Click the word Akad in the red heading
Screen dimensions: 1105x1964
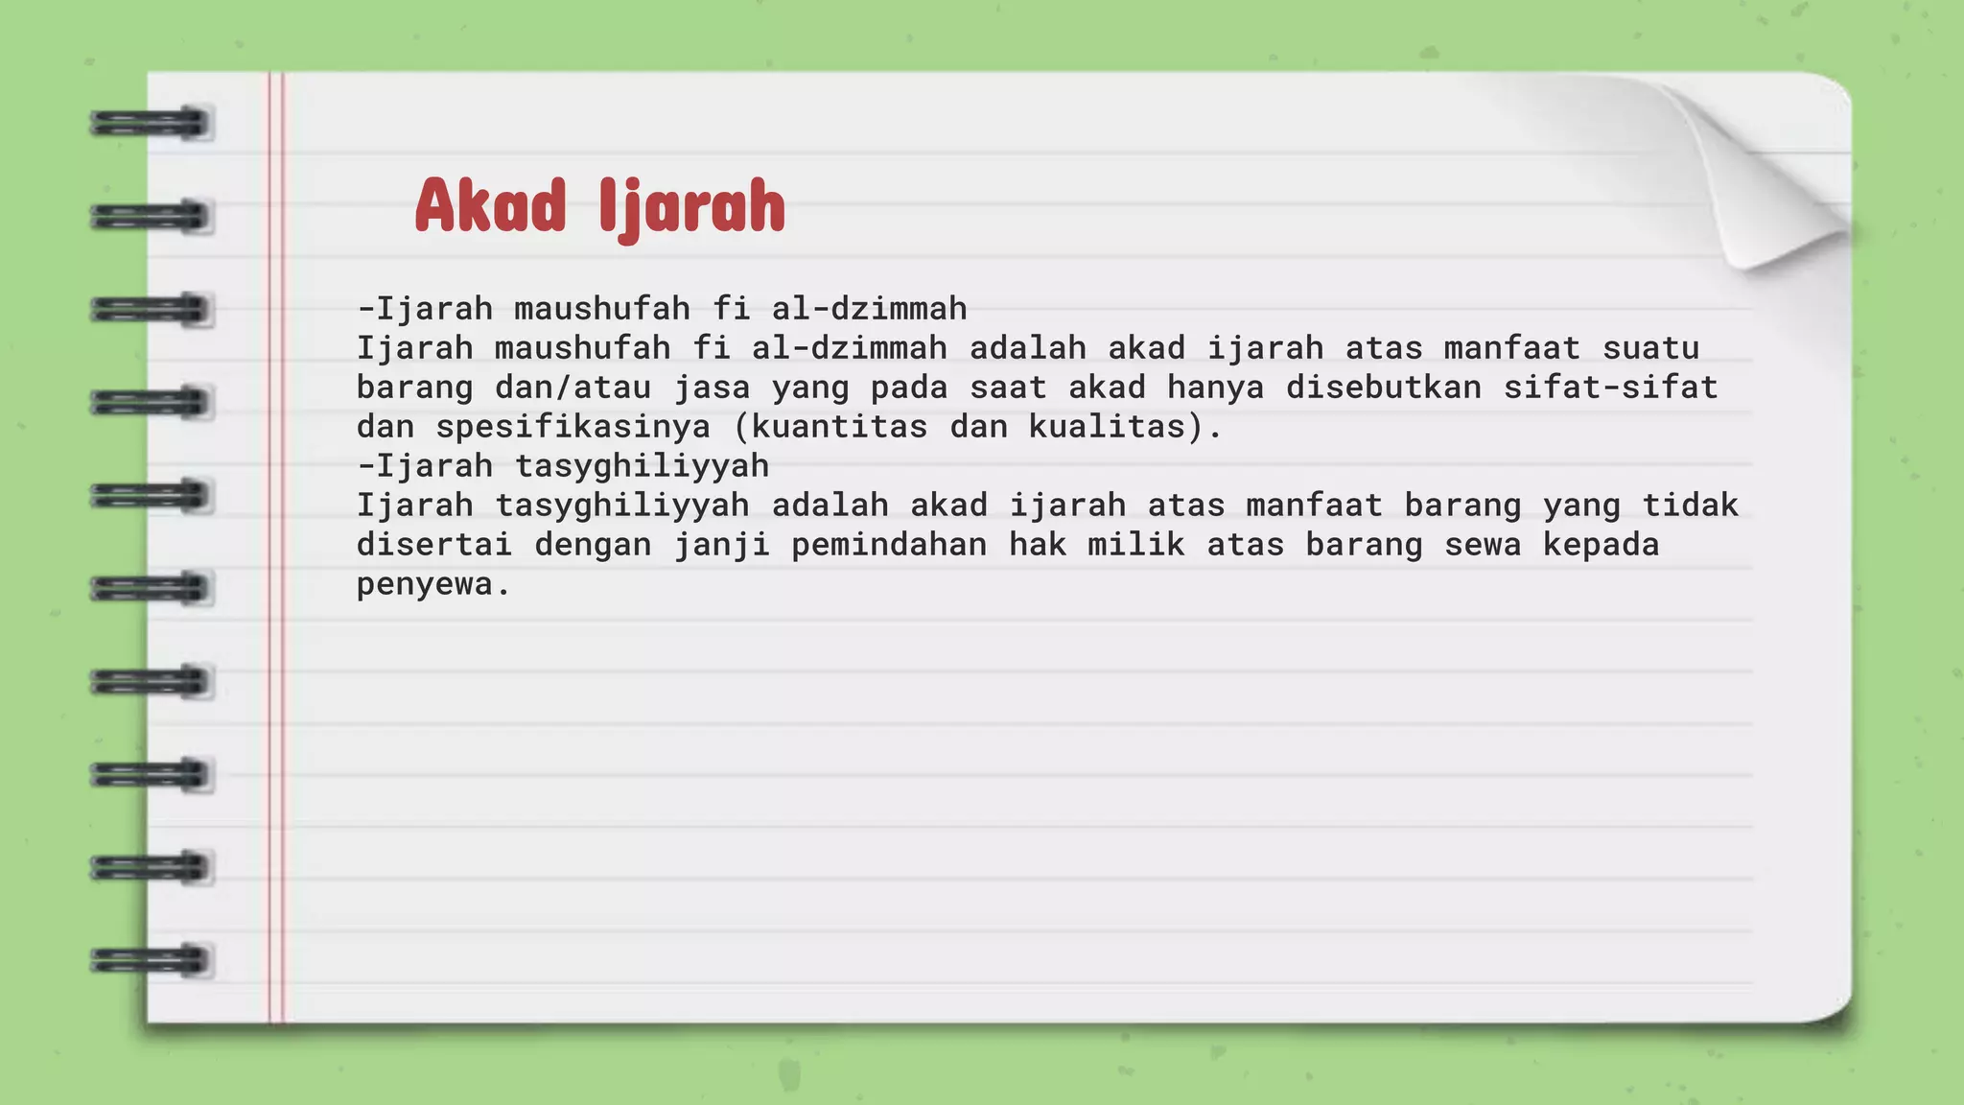[x=490, y=205]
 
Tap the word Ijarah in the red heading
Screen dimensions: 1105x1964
[x=691, y=207]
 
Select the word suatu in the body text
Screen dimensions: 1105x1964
[x=1650, y=347]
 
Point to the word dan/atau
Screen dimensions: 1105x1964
[x=573, y=387]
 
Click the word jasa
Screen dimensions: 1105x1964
[x=713, y=387]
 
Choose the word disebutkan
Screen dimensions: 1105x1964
[x=1384, y=387]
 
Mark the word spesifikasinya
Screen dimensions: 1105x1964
[x=573, y=426]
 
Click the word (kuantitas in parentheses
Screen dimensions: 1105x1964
[x=830, y=426]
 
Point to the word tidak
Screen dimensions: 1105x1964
[x=1690, y=505]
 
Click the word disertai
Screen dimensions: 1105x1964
[x=434, y=544]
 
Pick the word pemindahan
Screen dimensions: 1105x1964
[x=889, y=544]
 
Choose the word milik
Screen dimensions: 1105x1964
[x=1136, y=544]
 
